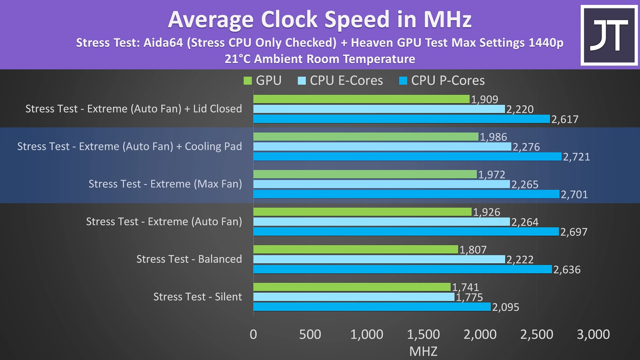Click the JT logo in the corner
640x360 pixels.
coord(609,35)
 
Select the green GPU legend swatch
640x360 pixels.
coord(248,81)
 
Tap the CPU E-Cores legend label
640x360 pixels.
coord(346,81)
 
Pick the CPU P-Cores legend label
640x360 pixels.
coord(448,81)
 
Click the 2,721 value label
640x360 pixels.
coord(576,157)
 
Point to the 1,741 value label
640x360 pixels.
coord(465,287)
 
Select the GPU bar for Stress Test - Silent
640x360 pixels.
coord(352,287)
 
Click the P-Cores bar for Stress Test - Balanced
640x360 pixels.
coord(402,269)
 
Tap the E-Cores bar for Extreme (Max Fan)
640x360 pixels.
coord(382,184)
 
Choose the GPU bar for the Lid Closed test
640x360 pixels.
coord(361,99)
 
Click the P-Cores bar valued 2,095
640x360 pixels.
coord(372,307)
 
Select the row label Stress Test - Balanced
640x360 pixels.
coord(189,259)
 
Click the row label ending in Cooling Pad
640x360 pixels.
coord(130,146)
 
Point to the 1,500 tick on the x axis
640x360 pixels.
coord(423,334)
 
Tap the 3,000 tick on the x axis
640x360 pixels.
coord(593,334)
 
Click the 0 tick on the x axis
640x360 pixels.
coord(253,334)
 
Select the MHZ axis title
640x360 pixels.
coord(423,351)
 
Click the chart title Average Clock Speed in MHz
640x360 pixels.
coord(320,19)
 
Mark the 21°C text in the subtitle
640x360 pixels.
coord(238,59)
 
